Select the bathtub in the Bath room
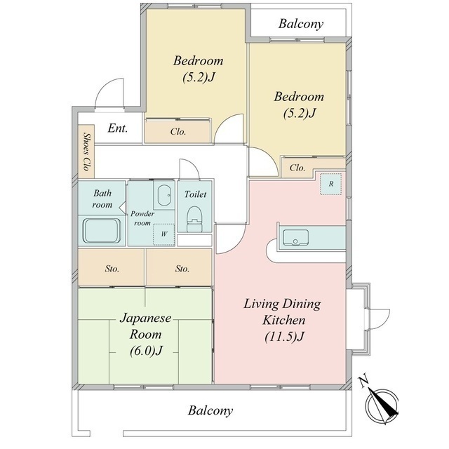[102, 232]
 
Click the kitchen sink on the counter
[295, 237]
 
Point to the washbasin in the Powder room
[164, 195]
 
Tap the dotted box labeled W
[163, 234]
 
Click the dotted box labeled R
[330, 184]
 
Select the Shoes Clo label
[86, 152]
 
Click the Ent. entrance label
[117, 128]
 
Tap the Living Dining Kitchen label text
[283, 320]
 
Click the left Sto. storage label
[112, 269]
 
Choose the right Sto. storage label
[182, 269]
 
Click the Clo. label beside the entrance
[178, 131]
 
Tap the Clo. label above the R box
[297, 168]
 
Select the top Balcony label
[301, 24]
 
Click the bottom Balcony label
[210, 410]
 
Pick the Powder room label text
[142, 218]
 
